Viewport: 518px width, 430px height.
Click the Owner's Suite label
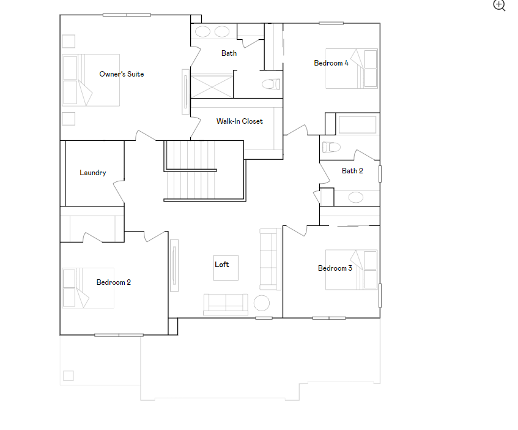coord(122,74)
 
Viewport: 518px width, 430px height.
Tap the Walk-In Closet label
coord(240,121)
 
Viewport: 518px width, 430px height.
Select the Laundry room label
coord(93,173)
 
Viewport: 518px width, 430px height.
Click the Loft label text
coord(222,265)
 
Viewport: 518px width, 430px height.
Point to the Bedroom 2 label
coord(114,282)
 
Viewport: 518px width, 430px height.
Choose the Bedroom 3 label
coord(335,268)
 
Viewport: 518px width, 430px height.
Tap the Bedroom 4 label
coord(331,63)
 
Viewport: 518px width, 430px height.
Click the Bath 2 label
coord(352,171)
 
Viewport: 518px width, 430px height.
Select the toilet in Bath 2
coord(331,147)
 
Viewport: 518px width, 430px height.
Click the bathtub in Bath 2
coord(358,125)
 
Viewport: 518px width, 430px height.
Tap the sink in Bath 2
coord(356,197)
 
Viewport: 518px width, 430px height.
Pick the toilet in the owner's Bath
coord(270,84)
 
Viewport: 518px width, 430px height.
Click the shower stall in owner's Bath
coord(212,84)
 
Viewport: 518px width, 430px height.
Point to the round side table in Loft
coord(262,303)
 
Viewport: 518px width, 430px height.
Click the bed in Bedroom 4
coord(351,69)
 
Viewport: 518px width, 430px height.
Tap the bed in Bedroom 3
coord(351,269)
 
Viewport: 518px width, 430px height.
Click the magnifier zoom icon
coord(500,6)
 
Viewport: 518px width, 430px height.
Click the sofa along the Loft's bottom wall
coord(226,303)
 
